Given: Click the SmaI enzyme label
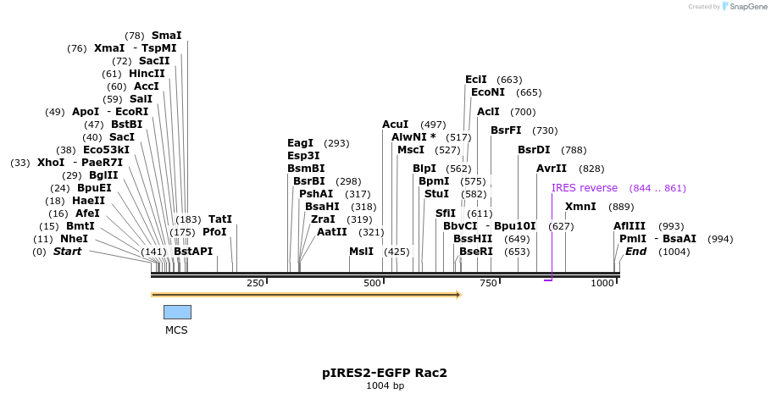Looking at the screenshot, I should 166,36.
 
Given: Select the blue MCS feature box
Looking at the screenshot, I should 177,312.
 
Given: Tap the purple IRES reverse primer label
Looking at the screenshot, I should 585,188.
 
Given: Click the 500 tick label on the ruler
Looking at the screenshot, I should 373,283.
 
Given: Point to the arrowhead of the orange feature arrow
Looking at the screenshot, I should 458,295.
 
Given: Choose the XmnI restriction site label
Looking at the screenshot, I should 580,207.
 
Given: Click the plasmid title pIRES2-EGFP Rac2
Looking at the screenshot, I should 385,372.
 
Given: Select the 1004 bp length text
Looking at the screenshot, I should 385,386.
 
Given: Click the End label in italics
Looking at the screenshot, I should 635,252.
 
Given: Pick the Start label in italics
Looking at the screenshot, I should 67,252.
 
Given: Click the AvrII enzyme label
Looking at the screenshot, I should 552,169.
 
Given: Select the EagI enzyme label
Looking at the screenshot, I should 300,143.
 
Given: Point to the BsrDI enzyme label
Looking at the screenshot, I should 534,150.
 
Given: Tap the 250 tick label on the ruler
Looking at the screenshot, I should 255,283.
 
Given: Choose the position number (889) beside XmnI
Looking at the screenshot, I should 621,207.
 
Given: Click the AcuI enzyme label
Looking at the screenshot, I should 395,125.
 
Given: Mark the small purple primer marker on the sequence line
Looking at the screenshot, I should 548,279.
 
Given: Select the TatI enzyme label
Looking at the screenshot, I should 220,219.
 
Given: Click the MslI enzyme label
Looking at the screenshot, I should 361,252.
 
